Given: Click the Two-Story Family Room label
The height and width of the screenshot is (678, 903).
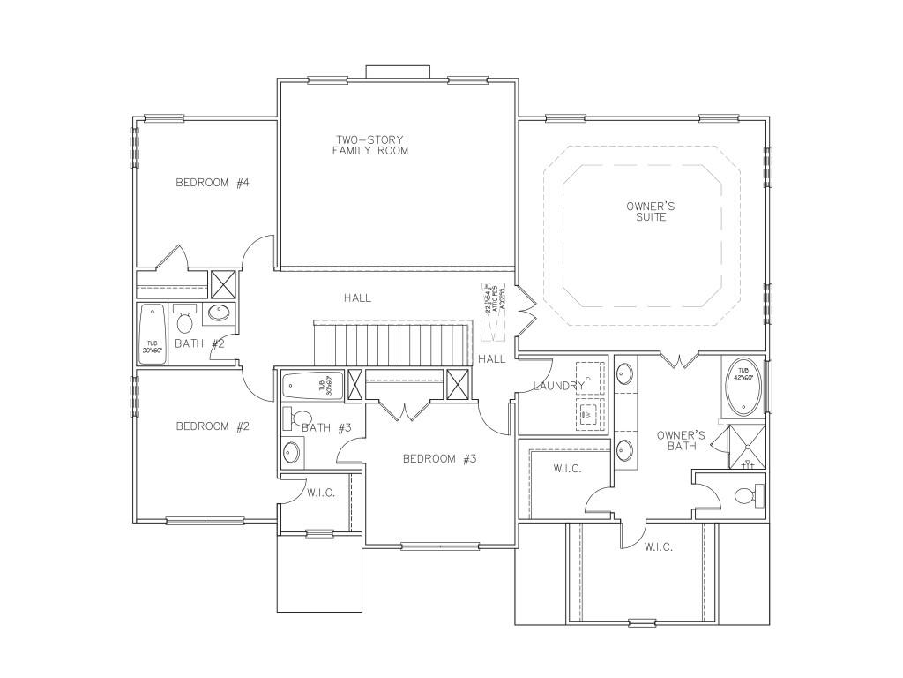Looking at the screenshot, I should (370, 145).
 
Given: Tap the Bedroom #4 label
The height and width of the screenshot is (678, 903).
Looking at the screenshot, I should (213, 183).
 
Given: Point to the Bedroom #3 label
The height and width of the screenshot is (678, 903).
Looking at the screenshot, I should (439, 458).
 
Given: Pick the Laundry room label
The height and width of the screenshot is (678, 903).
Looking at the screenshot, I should (558, 386).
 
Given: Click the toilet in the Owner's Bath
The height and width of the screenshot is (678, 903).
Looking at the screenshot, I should (746, 495).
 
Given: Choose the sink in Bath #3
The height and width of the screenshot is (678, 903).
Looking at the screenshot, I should (292, 452).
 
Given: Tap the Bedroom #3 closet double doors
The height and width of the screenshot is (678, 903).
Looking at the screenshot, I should (404, 411).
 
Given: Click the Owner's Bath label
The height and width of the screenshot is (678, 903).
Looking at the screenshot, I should (681, 441).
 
